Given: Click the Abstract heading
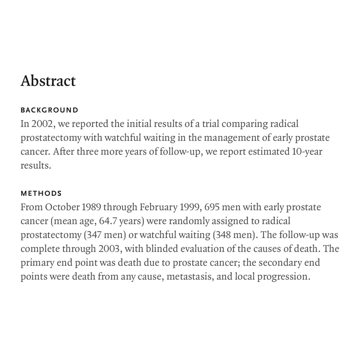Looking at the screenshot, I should click(48, 81).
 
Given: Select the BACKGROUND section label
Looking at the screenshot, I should click(50, 110).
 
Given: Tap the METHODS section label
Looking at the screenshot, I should click(41, 193).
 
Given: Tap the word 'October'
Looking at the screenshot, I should click(62, 207).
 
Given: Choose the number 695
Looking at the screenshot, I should click(212, 207).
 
